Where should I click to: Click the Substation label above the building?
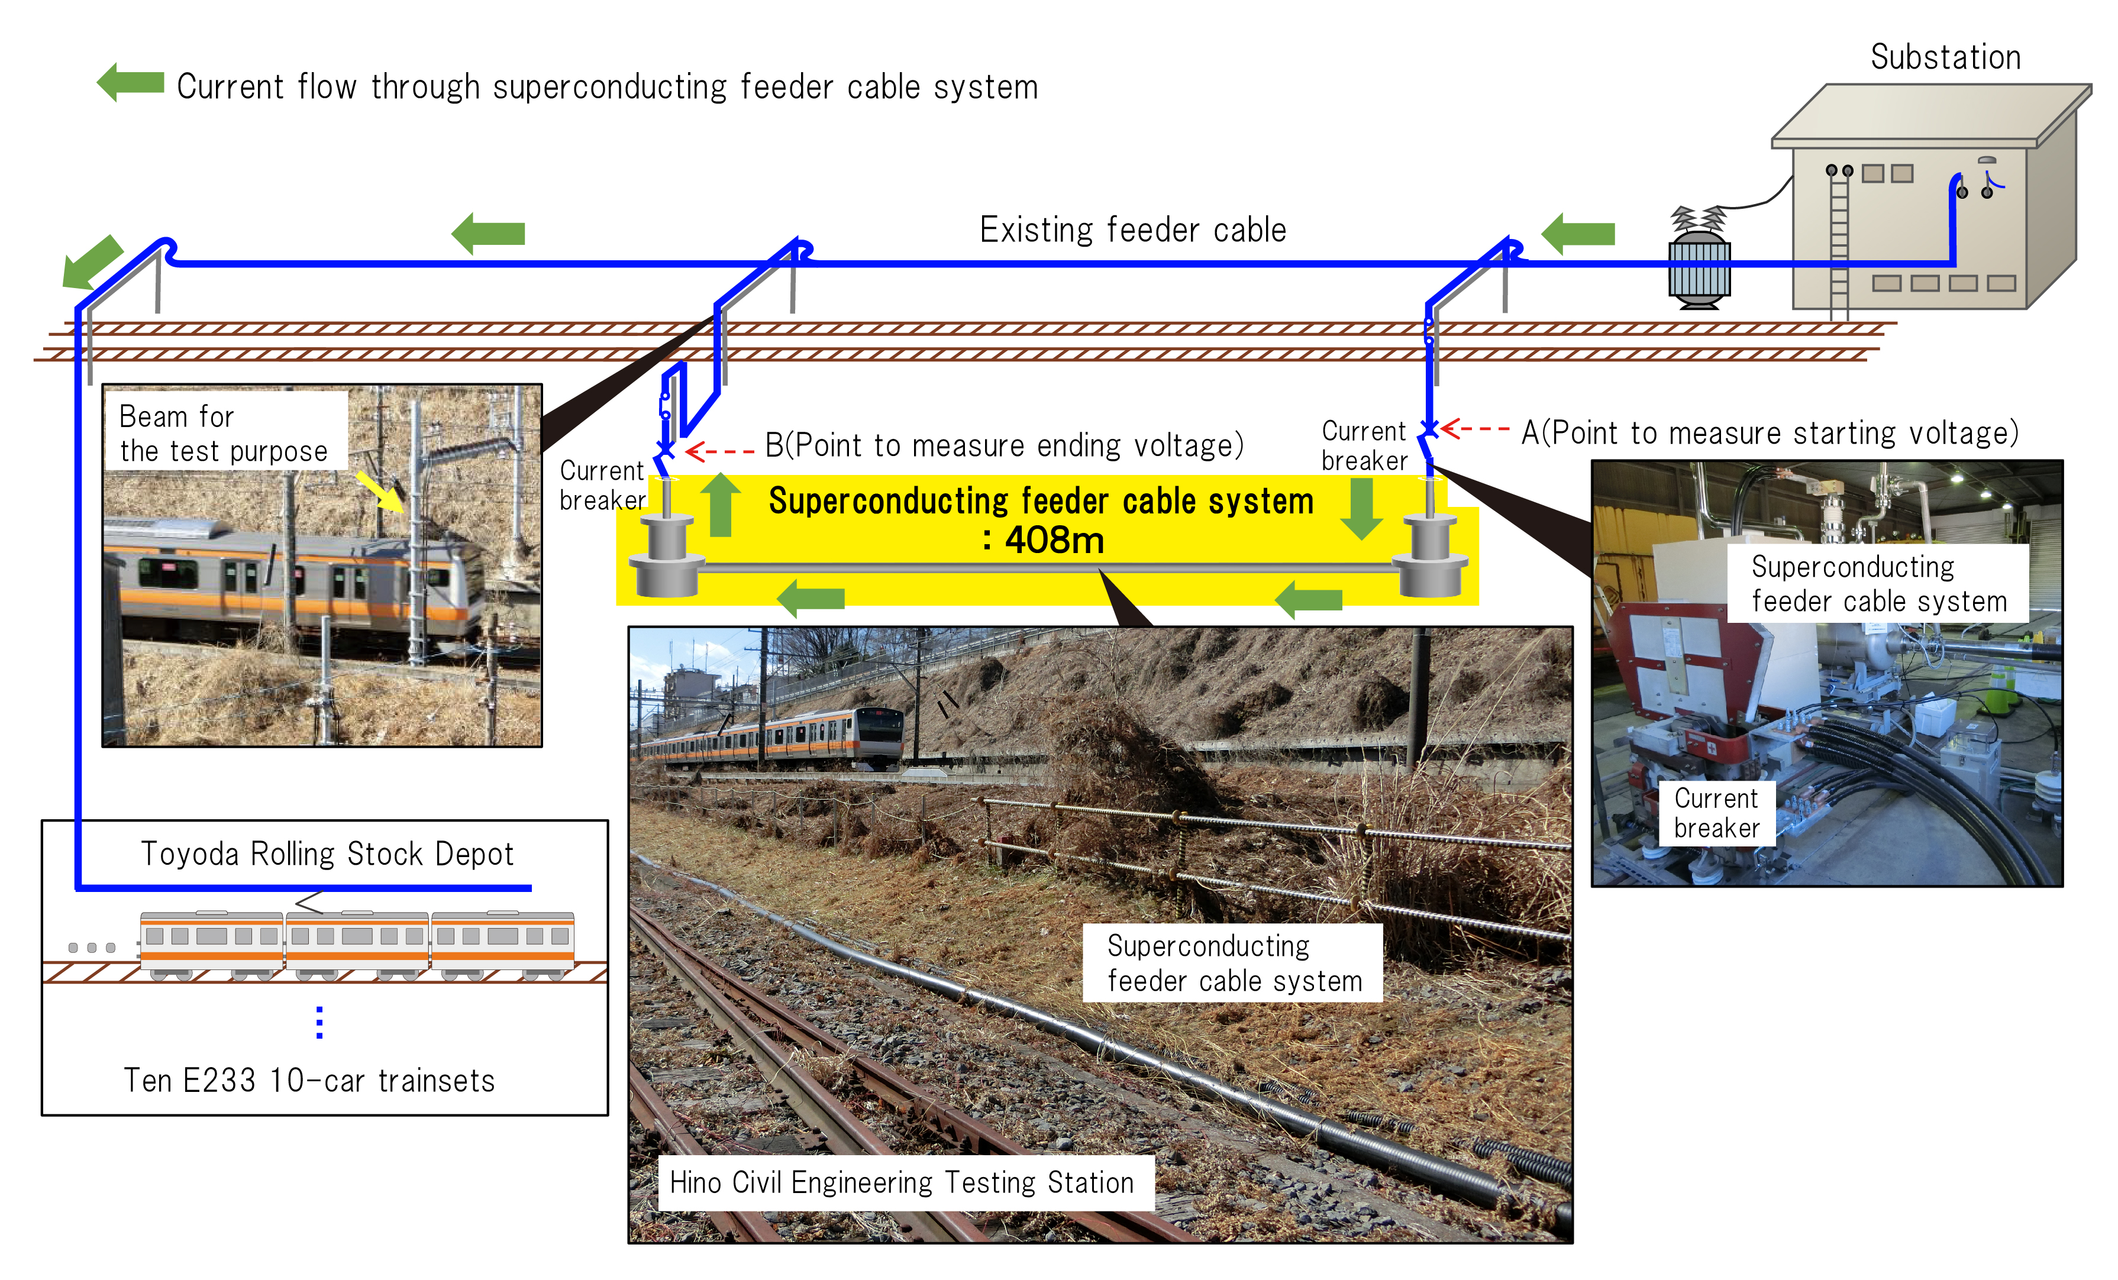(1945, 57)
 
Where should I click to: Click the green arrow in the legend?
(131, 83)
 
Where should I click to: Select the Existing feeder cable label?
(1133, 230)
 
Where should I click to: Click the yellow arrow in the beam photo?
(380, 491)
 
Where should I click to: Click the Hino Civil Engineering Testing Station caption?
(902, 1183)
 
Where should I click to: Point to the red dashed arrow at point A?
(1475, 428)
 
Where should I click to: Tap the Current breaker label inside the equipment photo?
(1716, 813)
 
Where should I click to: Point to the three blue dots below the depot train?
(319, 1022)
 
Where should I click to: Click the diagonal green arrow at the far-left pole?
(91, 261)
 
